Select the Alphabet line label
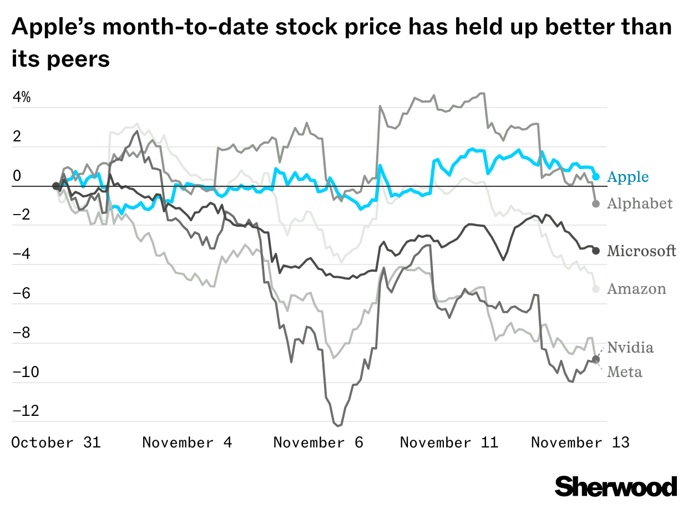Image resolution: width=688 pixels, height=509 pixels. [639, 203]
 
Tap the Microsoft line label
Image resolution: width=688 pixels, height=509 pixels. [641, 251]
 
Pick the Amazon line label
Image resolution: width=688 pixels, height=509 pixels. [636, 289]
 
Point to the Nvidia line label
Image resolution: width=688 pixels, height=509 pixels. [630, 348]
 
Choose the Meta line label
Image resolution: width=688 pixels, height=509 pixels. [624, 371]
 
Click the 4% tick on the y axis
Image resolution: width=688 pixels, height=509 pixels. [22, 98]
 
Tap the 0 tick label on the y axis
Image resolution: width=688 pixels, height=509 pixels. [17, 176]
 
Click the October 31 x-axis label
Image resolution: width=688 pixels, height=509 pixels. [56, 442]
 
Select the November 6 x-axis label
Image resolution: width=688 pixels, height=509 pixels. [318, 442]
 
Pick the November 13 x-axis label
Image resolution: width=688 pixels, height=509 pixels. [580, 442]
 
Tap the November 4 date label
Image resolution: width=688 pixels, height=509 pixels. [187, 442]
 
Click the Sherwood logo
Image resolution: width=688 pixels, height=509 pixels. [616, 486]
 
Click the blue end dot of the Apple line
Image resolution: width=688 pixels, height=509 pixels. [596, 176]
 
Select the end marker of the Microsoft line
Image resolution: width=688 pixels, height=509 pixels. [596, 251]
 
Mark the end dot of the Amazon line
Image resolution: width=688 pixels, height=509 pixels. [596, 289]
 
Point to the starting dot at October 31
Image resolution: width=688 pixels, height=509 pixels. [55, 186]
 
